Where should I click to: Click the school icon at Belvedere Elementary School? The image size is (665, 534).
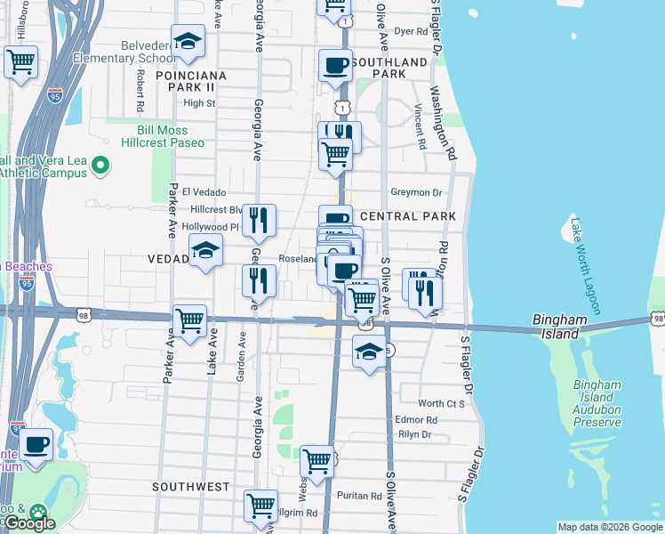click(188, 43)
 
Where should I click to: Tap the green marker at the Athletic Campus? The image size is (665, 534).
click(100, 166)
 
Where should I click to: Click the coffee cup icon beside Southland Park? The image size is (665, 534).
click(336, 67)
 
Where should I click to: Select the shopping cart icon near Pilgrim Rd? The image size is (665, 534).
click(260, 506)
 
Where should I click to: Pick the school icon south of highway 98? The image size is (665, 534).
click(369, 352)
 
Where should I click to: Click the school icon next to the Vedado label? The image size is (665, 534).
click(205, 253)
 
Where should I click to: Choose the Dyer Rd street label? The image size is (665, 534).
click(411, 31)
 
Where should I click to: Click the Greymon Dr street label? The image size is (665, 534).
click(416, 192)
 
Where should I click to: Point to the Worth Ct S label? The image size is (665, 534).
click(442, 403)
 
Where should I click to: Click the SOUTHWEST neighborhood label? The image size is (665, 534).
click(190, 487)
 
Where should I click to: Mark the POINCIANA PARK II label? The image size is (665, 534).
click(190, 76)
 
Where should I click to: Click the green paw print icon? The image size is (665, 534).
click(37, 512)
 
